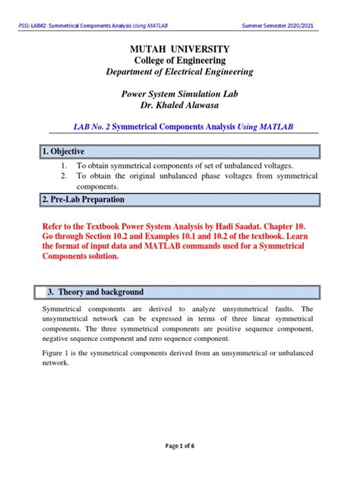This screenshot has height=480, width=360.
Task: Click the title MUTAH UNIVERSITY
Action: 180,49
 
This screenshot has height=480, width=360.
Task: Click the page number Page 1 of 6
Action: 180,466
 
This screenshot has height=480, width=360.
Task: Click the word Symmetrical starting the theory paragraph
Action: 58,310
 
